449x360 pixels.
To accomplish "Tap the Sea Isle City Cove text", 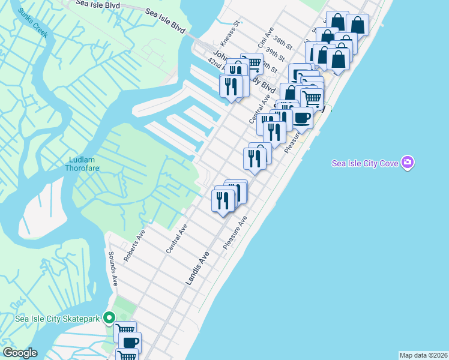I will (366, 163).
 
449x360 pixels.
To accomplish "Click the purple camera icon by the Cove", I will (408, 163).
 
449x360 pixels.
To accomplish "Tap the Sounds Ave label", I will (112, 268).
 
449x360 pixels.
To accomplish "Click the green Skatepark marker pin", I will (109, 317).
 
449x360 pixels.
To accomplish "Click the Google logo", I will (19, 353).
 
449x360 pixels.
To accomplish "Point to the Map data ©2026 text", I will (423, 355).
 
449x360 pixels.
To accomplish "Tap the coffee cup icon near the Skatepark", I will (130, 343).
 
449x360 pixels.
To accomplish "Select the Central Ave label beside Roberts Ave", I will (178, 238).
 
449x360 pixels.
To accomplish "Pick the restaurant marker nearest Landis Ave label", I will (223, 200).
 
